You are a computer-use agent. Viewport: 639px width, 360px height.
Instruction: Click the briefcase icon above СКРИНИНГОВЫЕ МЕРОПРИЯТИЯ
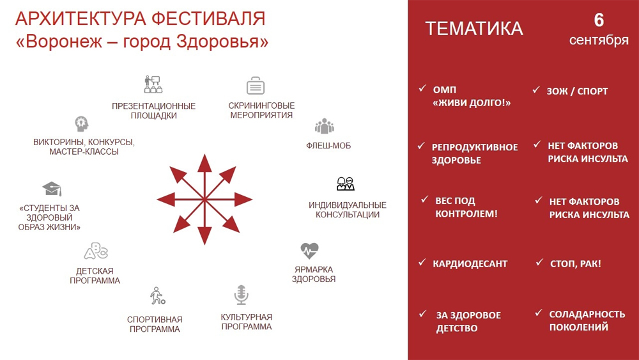256,86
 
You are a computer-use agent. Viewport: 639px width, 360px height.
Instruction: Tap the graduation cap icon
52,189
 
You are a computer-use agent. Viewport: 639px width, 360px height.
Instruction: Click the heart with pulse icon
309,251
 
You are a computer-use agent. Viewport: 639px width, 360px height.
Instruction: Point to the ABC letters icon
96,251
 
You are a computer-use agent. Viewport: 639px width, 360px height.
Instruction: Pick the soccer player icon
157,296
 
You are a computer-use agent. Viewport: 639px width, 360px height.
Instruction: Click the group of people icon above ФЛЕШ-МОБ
325,127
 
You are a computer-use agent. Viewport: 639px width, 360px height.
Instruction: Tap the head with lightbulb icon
82,123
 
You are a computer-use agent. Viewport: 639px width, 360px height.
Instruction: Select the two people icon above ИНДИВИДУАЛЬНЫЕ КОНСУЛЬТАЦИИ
346,184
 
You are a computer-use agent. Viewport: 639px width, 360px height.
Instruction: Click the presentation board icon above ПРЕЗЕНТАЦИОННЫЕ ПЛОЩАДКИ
153,84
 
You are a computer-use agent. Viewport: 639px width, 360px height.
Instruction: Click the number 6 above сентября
599,20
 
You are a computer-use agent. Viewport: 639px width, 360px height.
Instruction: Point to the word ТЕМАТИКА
474,29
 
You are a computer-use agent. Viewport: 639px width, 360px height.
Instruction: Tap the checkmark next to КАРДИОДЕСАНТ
422,262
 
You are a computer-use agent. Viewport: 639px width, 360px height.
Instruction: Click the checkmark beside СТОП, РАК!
539,262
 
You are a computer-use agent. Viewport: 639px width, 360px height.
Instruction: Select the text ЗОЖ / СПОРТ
577,91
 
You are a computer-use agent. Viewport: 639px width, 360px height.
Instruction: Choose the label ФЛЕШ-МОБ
328,146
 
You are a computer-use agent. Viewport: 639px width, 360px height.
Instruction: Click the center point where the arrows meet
204,200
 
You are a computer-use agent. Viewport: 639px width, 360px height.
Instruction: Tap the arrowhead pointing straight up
204,163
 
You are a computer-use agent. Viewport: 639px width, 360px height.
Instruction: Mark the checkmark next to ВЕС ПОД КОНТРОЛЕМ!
425,200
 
